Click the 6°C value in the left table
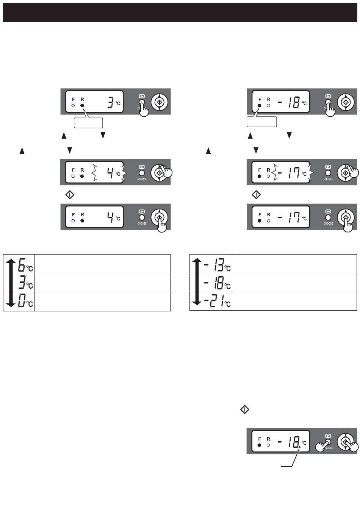pos(26,265)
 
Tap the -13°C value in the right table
pos(217,265)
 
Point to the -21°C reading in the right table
pos(217,301)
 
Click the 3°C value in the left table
pos(26,282)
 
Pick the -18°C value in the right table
pos(217,283)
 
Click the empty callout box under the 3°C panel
pos(88,123)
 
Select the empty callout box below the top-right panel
pos(261,122)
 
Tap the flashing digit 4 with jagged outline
pos(110,173)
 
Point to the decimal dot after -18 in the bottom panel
pos(300,447)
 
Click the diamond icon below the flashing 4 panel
pos(70,195)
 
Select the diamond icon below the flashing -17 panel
pos(256,195)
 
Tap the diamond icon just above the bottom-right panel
pos(244,409)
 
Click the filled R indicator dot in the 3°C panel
pos(82,105)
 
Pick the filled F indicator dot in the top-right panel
pos(259,105)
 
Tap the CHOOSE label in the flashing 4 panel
pos(142,179)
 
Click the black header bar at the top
pos(180,13)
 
